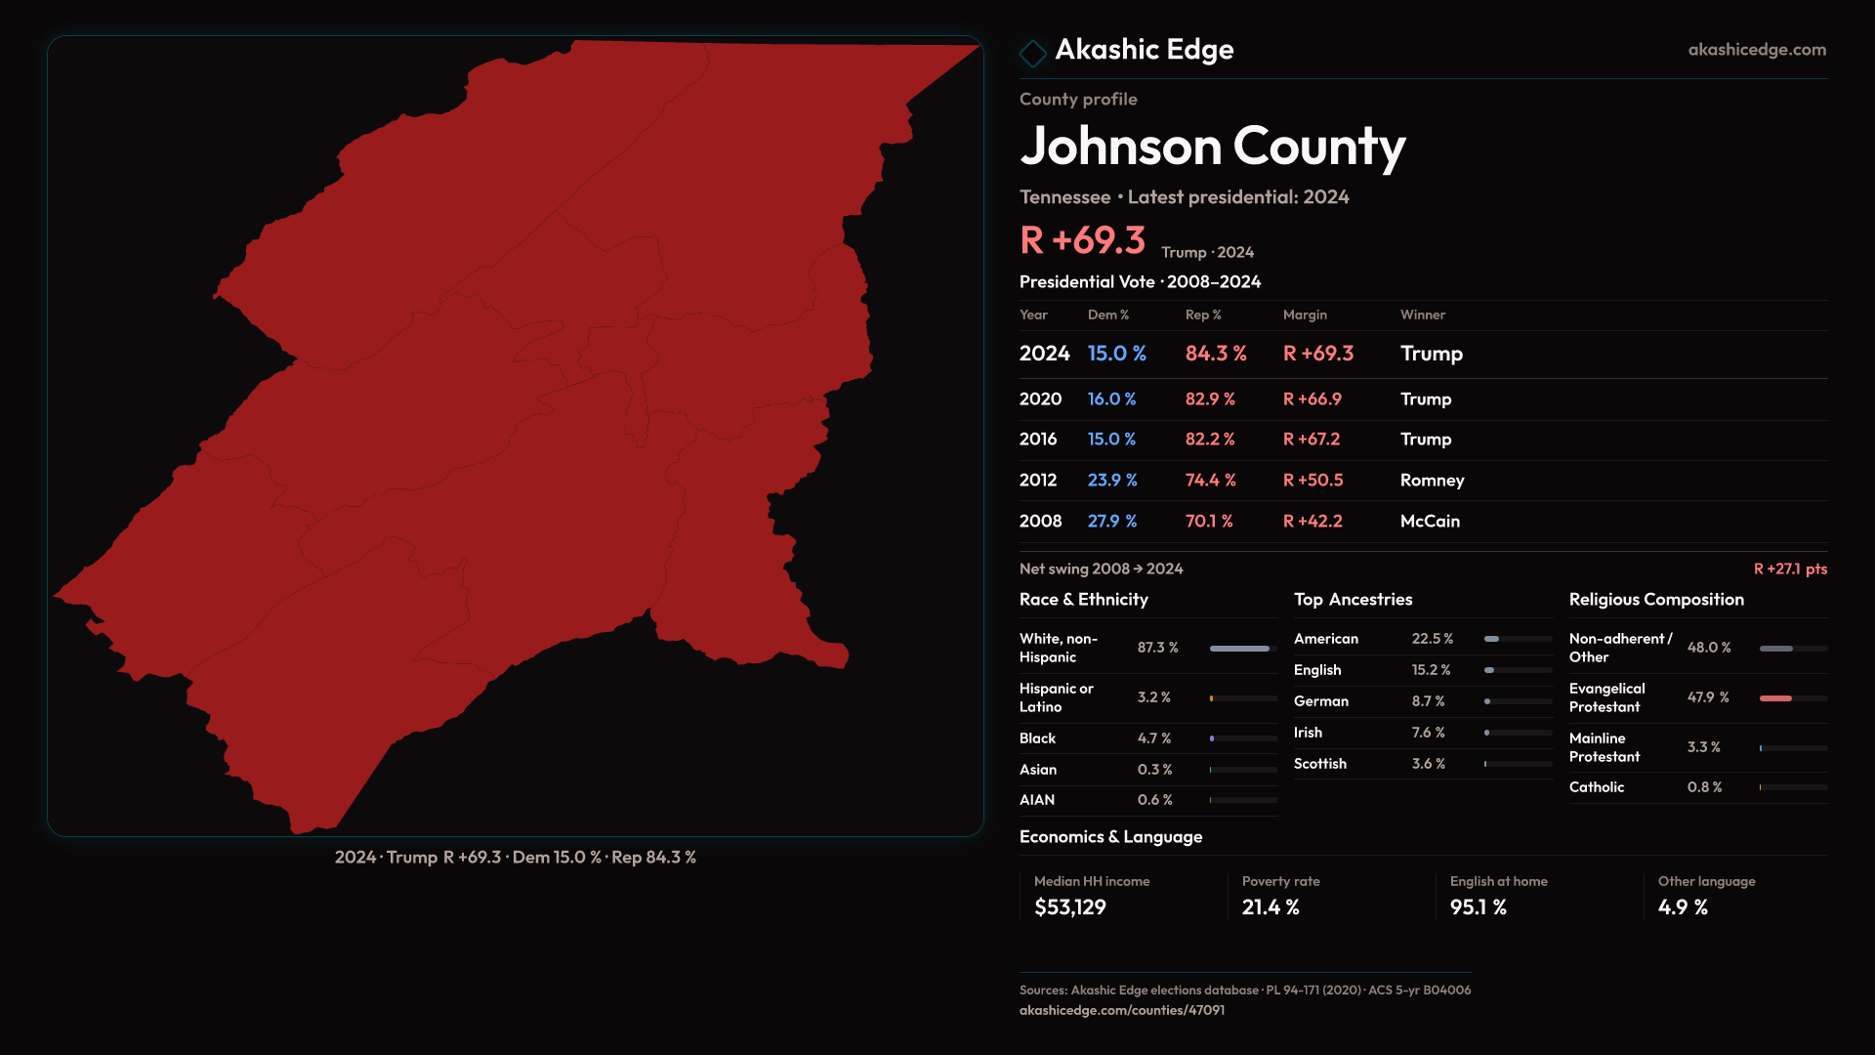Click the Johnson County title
pos(1212,148)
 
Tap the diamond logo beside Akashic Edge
pos(1032,53)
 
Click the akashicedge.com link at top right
pos(1756,50)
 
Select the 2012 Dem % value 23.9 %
pos(1112,481)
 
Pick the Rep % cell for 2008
pos(1209,522)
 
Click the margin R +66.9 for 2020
pos(1312,400)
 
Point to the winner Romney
pos(1432,481)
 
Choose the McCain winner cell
pos(1430,522)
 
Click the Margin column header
pos(1305,316)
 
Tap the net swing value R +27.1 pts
pos(1789,570)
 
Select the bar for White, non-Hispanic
pos(1240,649)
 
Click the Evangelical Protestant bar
pos(1776,698)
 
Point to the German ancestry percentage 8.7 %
pos(1428,701)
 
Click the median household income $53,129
pos(1069,907)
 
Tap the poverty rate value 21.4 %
pos(1270,907)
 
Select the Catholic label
pos(1597,787)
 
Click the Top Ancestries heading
pos(1353,600)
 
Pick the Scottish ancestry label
pos(1319,764)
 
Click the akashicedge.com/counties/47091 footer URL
pos(1121,1011)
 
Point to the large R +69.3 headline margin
pos(1082,241)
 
